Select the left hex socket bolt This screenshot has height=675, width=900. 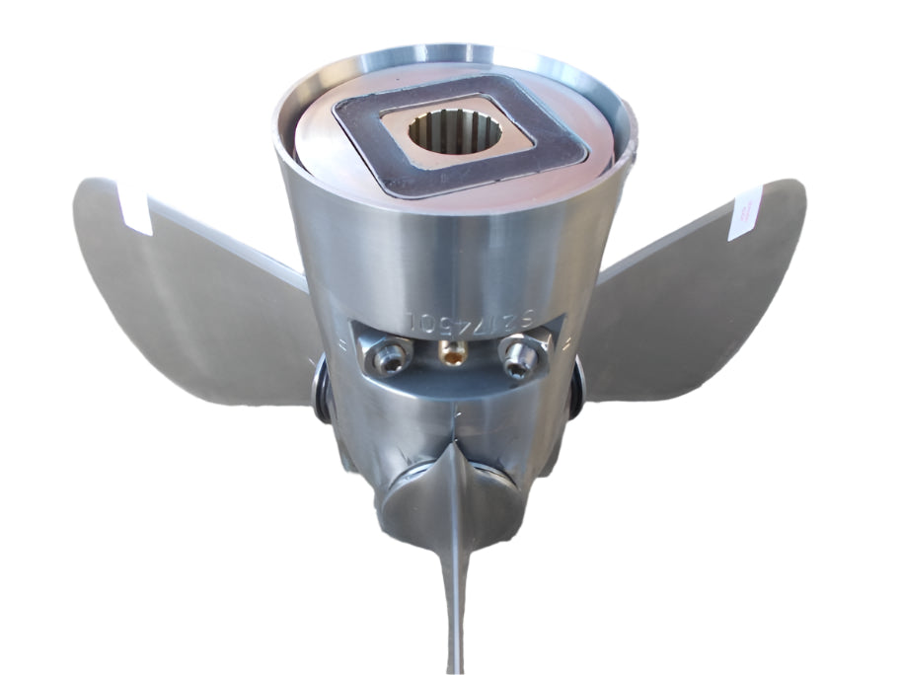tap(390, 356)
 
